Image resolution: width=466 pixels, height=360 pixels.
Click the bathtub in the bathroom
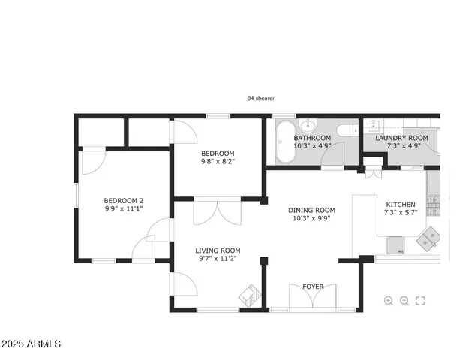click(x=285, y=143)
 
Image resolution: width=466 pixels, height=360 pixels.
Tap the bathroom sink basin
click(x=306, y=125)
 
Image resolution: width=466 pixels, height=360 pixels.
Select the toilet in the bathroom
click(x=346, y=131)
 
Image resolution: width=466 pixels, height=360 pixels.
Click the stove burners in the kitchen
click(x=432, y=204)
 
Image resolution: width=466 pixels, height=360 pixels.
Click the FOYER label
click(x=313, y=286)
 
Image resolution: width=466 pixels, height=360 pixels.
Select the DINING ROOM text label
click(x=311, y=211)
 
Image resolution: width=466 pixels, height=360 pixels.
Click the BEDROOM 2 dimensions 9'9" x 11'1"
click(x=123, y=211)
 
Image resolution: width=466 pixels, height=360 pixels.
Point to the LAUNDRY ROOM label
click(x=401, y=138)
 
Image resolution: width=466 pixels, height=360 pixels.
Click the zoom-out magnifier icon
click(x=404, y=301)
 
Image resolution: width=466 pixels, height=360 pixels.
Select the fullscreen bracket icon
click(x=420, y=301)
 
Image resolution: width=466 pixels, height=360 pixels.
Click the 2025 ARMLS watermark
click(x=32, y=344)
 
